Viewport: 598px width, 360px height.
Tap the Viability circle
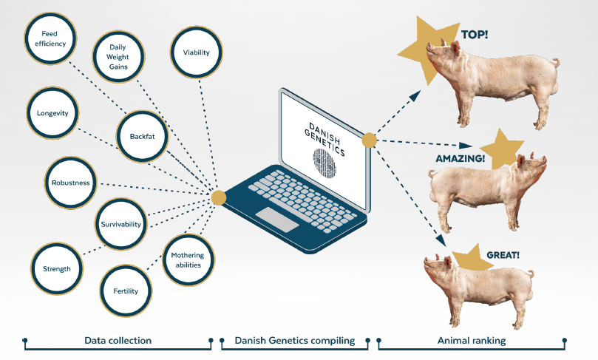[196, 52]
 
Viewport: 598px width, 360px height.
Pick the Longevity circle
[52, 113]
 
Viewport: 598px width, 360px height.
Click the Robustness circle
[71, 183]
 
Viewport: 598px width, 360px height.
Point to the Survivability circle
[121, 224]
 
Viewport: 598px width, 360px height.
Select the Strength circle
[56, 268]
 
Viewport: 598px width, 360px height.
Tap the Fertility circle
[126, 291]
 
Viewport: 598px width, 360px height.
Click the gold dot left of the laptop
[218, 197]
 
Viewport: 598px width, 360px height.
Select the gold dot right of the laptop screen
[370, 139]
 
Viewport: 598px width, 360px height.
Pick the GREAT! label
[503, 255]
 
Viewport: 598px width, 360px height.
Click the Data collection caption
[118, 341]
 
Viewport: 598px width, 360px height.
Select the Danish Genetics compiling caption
[295, 341]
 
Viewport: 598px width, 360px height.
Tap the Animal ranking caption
[472, 341]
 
